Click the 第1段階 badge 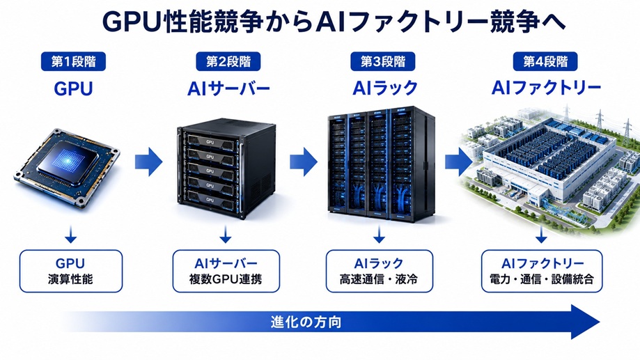point(73,62)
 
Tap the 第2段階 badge point(228,62)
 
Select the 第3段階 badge point(383,62)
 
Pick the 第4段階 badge point(545,62)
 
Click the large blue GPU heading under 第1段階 point(73,88)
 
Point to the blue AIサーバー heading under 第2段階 point(228,88)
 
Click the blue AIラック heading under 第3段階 point(385,88)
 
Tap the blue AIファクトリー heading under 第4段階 point(546,88)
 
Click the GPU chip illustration point(67,169)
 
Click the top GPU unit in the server point(210,141)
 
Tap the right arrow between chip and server point(148,162)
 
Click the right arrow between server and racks point(304,162)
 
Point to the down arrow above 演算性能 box point(70,234)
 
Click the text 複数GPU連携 point(226,279)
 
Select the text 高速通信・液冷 point(379,279)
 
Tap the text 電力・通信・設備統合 point(542,279)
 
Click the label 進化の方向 point(306,322)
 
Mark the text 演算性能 point(70,279)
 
